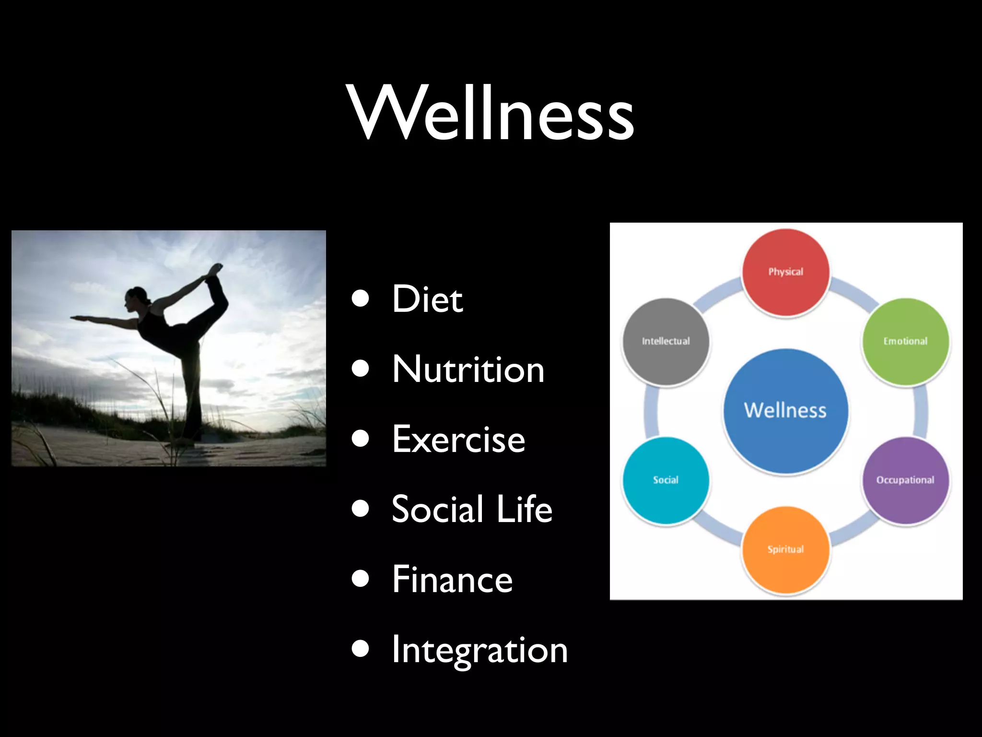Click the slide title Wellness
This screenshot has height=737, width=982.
coord(491,113)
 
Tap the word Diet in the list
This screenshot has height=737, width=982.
coord(427,299)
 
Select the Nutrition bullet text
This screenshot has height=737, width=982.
coord(468,369)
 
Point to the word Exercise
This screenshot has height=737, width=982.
coord(458,440)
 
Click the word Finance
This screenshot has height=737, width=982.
coord(452,580)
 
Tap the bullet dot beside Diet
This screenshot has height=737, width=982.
coord(360,298)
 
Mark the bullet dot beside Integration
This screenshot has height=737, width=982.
coord(360,649)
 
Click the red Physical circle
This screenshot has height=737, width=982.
coord(785,272)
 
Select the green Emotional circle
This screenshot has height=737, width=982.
coord(905,341)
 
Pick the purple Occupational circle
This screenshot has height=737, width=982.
coord(905,480)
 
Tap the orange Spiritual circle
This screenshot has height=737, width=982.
coord(785,549)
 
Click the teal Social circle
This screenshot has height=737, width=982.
coord(666,480)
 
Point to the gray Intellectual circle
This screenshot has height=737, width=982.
coord(666,341)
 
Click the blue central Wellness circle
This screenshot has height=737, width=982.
coord(785,411)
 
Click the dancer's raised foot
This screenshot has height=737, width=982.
coord(216,269)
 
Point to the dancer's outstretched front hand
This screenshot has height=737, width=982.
coord(74,317)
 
